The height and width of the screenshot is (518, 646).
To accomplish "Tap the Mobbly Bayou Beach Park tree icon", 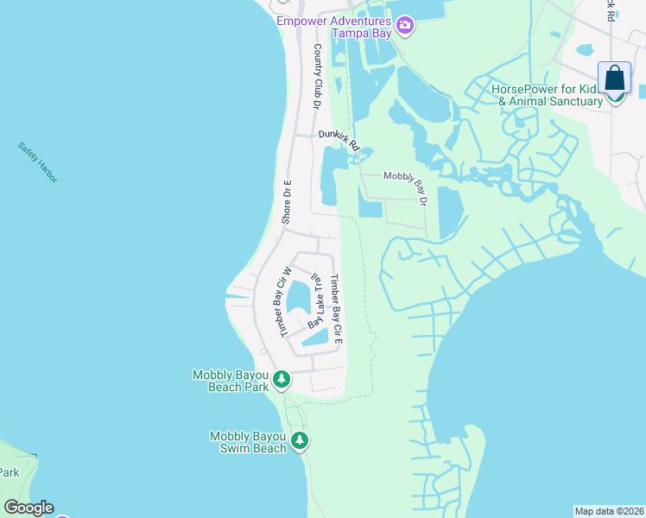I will tap(281, 379).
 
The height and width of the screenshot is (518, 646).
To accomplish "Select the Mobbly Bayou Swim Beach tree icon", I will tap(299, 441).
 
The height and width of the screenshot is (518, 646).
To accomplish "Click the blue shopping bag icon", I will tap(614, 79).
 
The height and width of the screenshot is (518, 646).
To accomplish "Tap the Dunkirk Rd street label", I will tap(338, 139).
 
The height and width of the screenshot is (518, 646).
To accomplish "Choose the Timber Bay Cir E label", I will tap(338, 308).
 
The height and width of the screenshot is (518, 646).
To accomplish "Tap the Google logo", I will tap(28, 508).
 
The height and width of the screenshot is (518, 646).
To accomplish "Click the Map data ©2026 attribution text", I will tap(609, 511).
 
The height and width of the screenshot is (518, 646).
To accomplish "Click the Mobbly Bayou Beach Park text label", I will tap(231, 380).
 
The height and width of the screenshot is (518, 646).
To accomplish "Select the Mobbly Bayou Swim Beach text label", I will tap(248, 442).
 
